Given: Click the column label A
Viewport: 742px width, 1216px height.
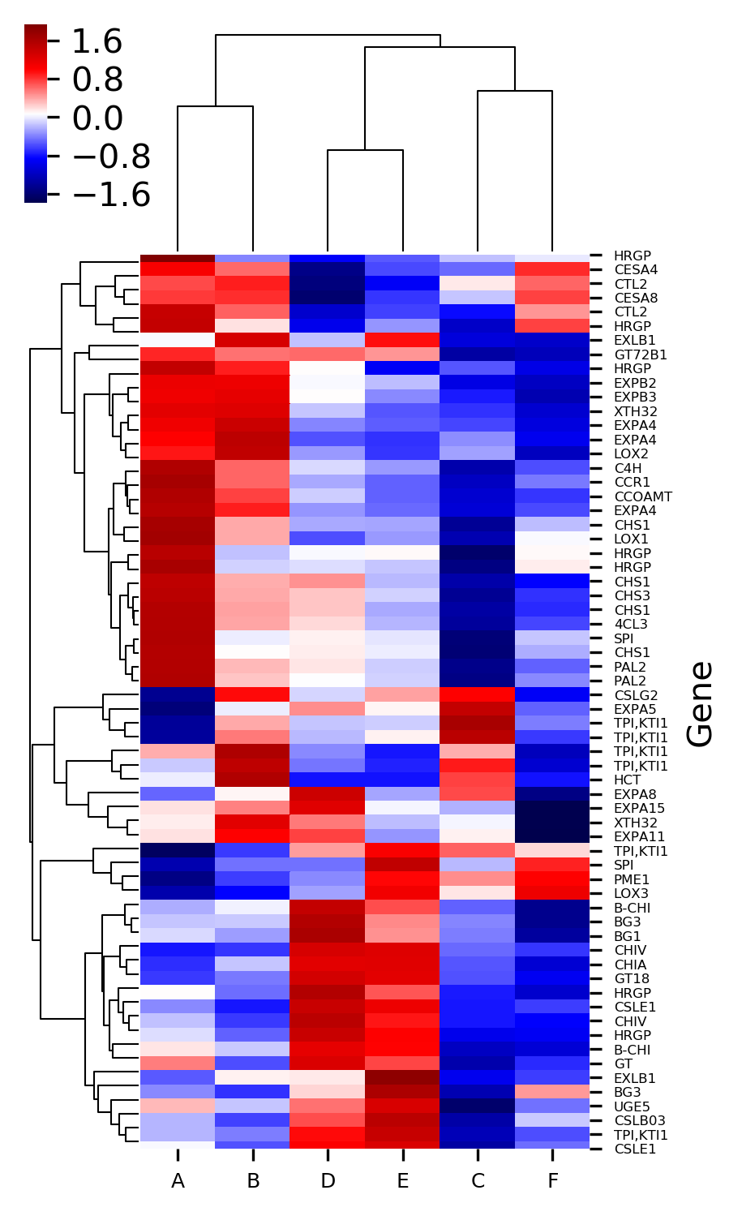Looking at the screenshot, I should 178,1181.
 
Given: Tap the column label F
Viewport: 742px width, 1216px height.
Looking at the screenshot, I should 552,1181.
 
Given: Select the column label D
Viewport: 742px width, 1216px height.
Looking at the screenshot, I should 328,1181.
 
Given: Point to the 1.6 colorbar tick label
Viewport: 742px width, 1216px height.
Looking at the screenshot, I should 97,42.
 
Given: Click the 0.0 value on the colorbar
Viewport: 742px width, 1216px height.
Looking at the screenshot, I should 97,118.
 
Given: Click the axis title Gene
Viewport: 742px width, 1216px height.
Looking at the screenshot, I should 700,703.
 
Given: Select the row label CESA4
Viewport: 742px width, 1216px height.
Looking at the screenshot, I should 635,270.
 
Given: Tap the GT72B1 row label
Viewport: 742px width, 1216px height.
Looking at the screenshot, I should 640,355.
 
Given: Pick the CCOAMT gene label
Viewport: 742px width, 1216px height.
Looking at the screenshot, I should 643,496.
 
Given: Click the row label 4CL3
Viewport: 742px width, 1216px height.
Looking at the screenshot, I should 631,625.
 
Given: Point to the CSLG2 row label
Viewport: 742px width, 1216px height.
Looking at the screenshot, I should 636,695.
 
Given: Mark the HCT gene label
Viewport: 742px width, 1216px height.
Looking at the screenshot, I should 627,780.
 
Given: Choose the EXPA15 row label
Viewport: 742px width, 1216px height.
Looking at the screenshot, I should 639,809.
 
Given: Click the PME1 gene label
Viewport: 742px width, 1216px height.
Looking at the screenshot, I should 631,879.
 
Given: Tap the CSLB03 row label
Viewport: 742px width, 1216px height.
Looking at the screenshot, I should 639,1121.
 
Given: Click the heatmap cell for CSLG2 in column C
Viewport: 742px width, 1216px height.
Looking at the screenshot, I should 478,695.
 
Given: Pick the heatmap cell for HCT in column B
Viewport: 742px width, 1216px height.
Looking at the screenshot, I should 253,780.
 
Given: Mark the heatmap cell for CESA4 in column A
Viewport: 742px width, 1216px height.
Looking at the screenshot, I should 178,269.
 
